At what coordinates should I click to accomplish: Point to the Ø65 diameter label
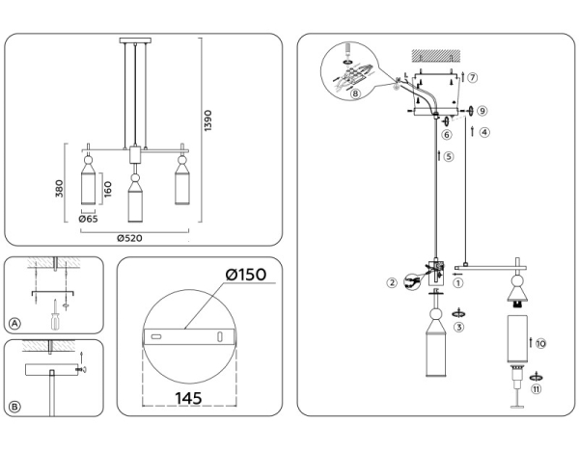click(x=89, y=220)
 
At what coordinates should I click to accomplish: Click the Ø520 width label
click(x=133, y=237)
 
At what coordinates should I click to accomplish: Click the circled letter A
click(x=14, y=323)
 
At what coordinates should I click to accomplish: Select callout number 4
click(x=484, y=133)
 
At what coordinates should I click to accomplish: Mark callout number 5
click(x=450, y=157)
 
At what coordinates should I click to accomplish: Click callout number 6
click(x=446, y=135)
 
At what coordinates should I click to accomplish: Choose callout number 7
click(x=472, y=76)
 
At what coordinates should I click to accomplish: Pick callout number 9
click(x=482, y=111)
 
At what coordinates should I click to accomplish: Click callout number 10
click(x=540, y=343)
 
